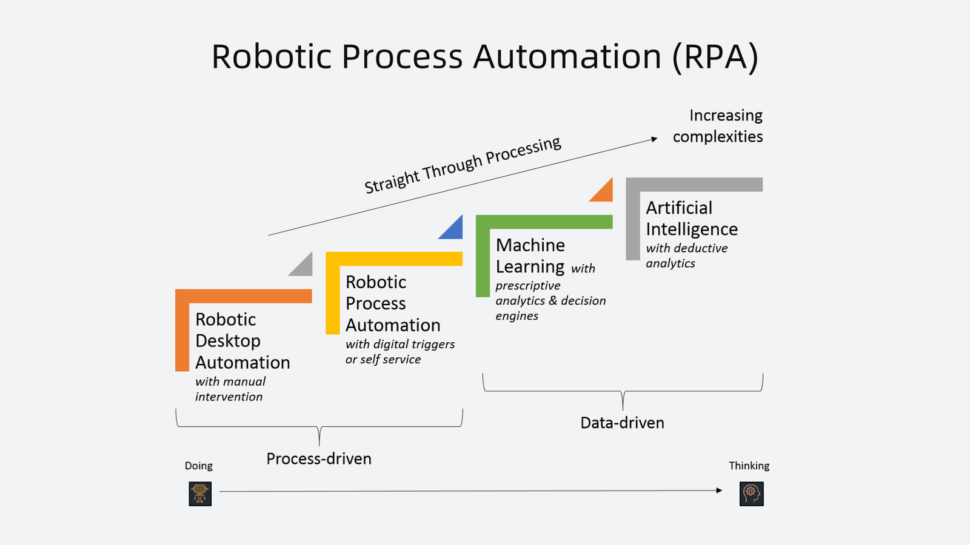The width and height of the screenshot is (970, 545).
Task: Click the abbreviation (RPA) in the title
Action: tap(715, 58)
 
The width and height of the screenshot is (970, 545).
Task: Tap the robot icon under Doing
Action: tap(200, 494)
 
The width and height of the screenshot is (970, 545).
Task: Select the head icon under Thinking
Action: tap(751, 494)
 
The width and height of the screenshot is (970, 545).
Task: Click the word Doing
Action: tap(199, 466)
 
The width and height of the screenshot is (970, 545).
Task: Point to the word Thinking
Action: tap(749, 466)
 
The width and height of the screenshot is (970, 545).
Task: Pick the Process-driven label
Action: tap(319, 458)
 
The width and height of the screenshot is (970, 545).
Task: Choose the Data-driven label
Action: tap(622, 423)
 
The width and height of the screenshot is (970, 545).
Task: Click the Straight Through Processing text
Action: tap(463, 165)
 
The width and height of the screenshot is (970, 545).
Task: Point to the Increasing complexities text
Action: tap(719, 126)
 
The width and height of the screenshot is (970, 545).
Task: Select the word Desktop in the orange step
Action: tap(228, 341)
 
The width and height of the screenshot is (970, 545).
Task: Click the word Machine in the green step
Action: tap(530, 245)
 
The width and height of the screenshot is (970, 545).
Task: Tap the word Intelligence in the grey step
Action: tap(692, 230)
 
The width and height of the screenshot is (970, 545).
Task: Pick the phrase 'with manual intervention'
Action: tap(230, 389)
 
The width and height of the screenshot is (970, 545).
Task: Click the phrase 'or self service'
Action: tap(383, 359)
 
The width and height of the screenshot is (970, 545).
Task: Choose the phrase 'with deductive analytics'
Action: tap(686, 256)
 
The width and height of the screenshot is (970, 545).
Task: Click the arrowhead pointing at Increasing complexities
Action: tap(654, 139)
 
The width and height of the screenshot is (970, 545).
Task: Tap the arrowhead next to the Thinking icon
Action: tap(719, 490)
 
